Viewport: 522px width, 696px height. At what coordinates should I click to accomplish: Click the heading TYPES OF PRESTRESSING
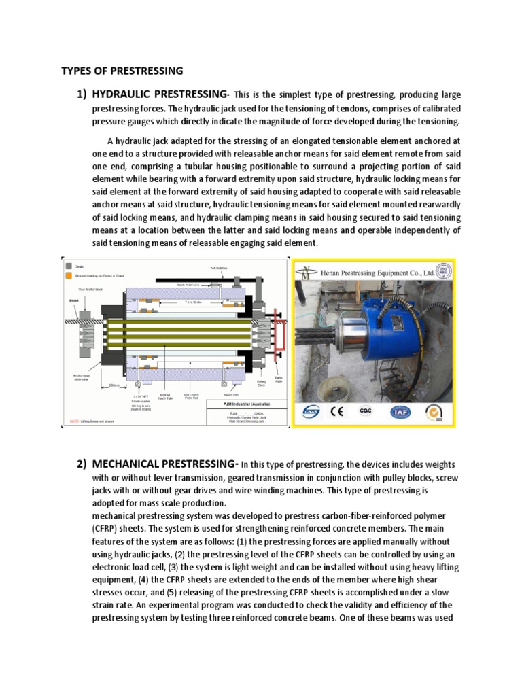click(x=122, y=70)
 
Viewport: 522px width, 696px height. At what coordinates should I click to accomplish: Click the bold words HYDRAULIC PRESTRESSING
click(x=158, y=93)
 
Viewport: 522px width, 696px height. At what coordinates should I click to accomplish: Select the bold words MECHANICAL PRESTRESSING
click(x=164, y=464)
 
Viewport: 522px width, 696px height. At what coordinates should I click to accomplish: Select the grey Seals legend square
click(x=68, y=266)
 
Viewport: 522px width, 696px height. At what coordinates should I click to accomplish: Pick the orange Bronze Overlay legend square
click(x=68, y=276)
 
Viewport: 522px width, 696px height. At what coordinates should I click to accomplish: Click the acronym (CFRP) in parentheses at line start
click(x=107, y=529)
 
